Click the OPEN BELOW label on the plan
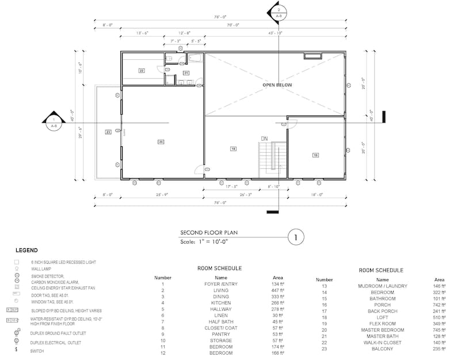tap(277, 85)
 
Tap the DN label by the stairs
tap(264, 139)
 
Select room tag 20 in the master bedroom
tap(161, 142)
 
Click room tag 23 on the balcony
tap(108, 132)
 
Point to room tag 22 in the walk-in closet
tap(141, 70)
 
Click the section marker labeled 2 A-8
tap(278, 12)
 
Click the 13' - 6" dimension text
tap(142, 33)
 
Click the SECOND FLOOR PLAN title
tap(209, 233)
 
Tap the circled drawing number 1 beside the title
tap(295, 236)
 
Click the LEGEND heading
tap(26, 251)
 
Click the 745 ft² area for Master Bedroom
tap(439, 329)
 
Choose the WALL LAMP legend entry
tap(43, 268)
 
